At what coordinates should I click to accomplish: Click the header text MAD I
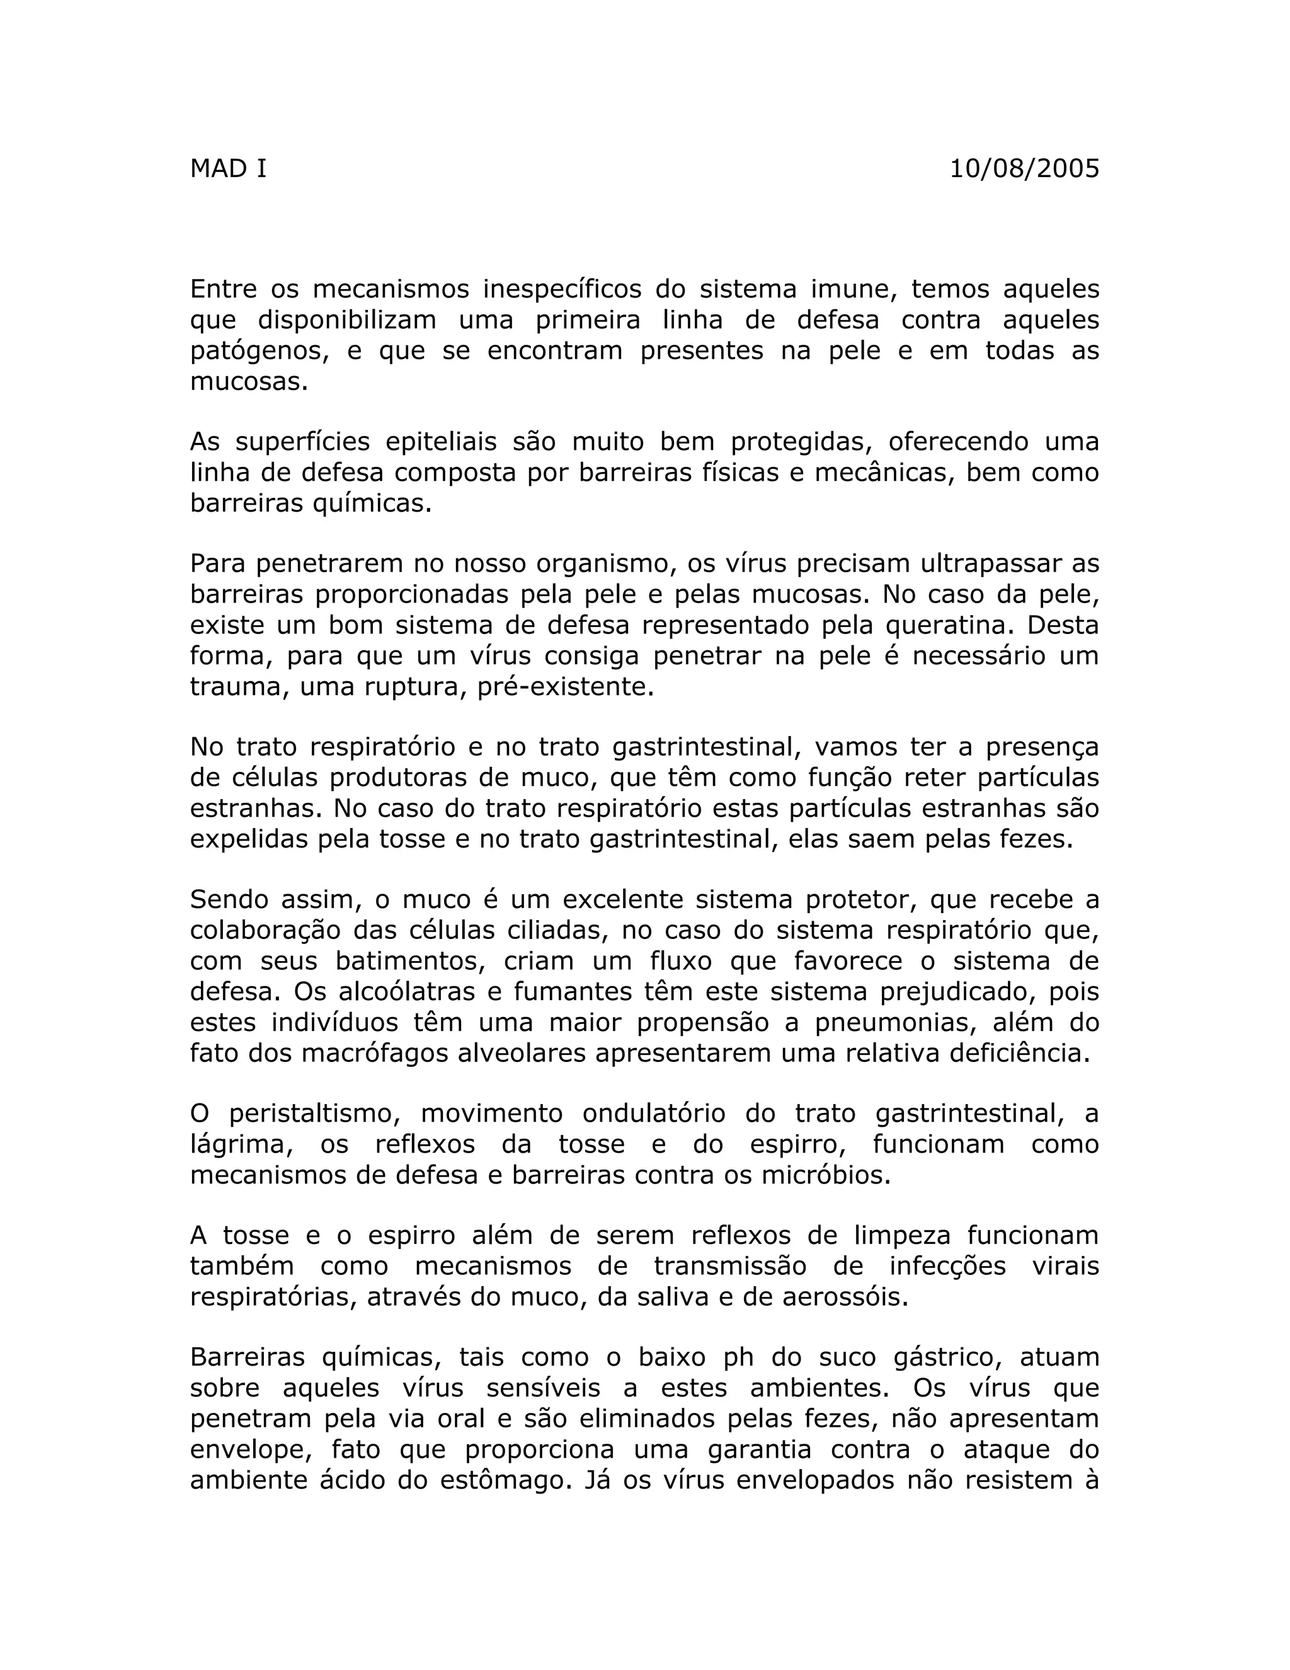pos(228,168)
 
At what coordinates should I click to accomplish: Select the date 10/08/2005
pos(1024,168)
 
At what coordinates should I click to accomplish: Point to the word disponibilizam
pos(347,320)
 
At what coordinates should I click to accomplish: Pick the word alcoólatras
pos(397,991)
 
